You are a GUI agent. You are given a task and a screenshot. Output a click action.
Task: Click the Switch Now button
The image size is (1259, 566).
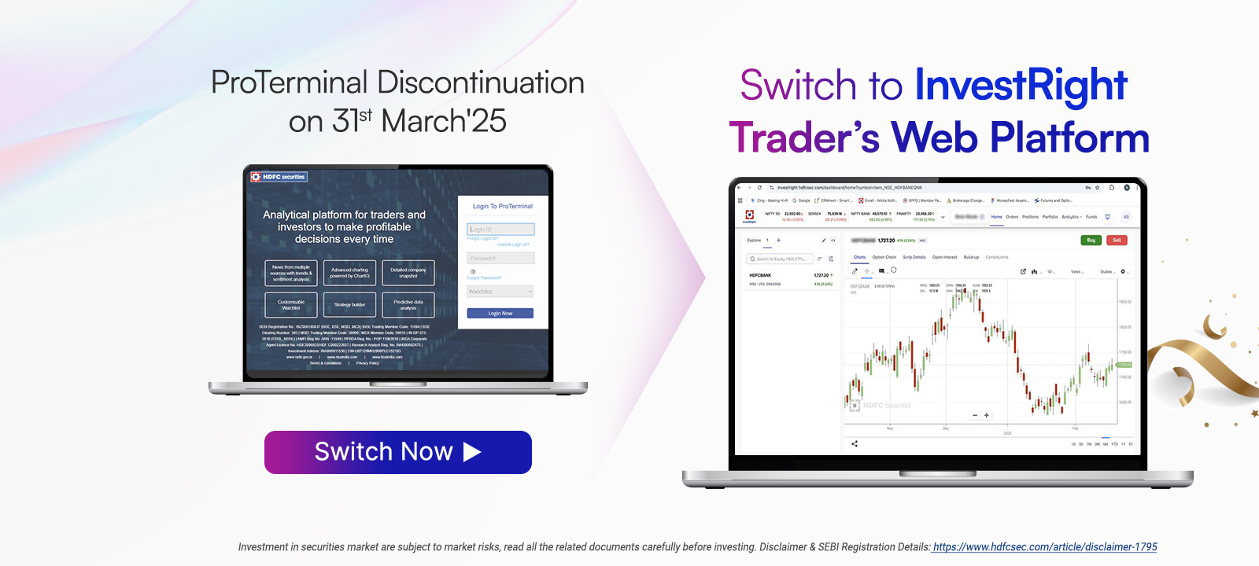click(x=397, y=452)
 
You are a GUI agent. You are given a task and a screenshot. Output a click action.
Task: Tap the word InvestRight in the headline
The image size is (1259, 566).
click(x=1021, y=86)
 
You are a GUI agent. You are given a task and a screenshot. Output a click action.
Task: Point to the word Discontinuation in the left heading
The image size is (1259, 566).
click(x=480, y=83)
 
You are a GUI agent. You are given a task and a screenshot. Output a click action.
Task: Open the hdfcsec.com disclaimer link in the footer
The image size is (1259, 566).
click(x=1044, y=547)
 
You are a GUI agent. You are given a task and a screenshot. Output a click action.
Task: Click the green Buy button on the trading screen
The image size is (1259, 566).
click(x=1091, y=240)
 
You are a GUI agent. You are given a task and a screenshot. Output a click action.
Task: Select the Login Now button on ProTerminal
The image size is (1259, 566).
click(x=500, y=313)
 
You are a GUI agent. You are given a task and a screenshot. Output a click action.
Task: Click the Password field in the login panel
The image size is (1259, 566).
click(x=500, y=258)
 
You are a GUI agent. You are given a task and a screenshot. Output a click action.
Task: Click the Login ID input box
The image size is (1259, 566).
click(x=500, y=230)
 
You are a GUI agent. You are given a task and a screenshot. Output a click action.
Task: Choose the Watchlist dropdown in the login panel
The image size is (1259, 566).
click(x=500, y=292)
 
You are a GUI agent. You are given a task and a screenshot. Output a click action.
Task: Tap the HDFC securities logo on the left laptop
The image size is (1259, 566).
click(x=279, y=177)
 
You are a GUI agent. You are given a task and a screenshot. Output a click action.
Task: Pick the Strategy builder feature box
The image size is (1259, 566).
click(x=349, y=304)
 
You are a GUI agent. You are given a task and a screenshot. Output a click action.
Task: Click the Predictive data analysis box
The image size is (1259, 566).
click(x=408, y=304)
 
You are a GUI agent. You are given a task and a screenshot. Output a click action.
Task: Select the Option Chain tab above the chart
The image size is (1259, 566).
click(x=884, y=257)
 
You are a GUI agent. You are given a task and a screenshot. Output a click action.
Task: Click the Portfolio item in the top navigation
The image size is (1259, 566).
click(x=1050, y=217)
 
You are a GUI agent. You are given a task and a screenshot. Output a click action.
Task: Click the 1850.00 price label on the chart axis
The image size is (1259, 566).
click(x=1124, y=302)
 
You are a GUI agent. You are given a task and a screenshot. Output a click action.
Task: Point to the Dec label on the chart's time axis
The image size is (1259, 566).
click(x=946, y=428)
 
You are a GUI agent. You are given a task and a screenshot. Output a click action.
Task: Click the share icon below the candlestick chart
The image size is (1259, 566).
click(x=855, y=443)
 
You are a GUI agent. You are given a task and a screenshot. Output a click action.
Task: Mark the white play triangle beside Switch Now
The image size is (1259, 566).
click(x=472, y=452)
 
